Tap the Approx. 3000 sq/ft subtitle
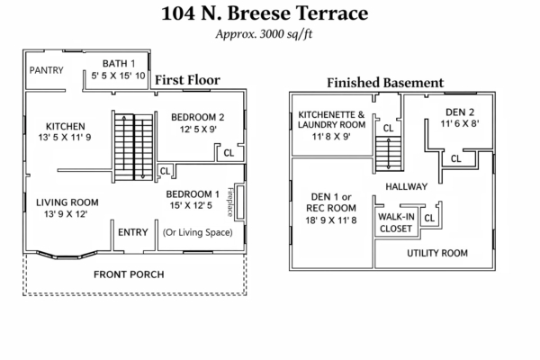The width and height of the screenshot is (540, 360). (x=270, y=35)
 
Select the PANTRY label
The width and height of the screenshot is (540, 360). (x=45, y=70)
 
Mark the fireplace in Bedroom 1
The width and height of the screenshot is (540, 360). (x=230, y=203)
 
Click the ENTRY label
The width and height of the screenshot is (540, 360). (x=133, y=232)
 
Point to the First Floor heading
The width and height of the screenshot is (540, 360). (x=189, y=80)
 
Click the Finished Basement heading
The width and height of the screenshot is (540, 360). (x=385, y=83)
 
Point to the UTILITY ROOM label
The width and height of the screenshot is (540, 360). (x=437, y=253)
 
